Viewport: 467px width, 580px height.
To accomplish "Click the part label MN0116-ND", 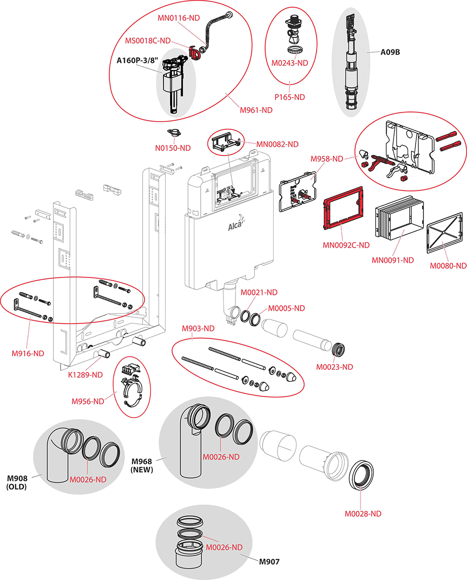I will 178,18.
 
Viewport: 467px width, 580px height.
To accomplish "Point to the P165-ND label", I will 289,97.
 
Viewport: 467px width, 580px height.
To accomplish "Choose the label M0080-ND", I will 448,265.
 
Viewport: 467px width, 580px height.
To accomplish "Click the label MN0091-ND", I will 393,260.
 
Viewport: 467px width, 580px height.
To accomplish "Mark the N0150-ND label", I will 172,148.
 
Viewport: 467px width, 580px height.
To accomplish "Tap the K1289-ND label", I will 85,375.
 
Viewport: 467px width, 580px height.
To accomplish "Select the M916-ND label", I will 28,353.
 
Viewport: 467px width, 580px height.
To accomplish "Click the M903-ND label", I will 198,328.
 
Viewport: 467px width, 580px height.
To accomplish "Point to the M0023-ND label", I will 335,367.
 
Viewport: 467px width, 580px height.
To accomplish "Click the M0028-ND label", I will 363,514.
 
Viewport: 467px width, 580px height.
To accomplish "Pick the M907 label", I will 269,562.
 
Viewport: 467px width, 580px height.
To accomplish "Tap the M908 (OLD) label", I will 16,482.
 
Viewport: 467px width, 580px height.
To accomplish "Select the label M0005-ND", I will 287,308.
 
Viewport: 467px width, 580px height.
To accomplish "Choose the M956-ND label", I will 88,401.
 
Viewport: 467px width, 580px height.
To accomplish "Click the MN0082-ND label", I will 277,144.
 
